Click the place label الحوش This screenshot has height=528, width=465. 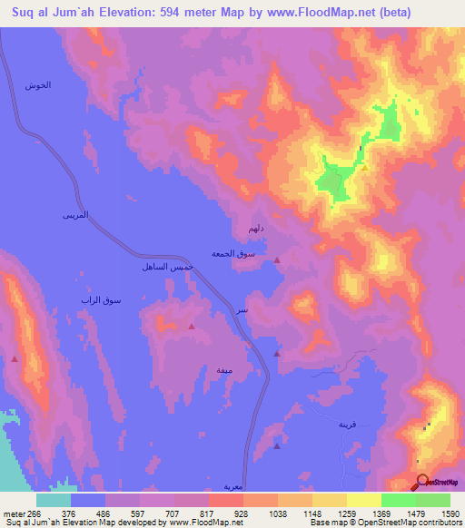(36, 84)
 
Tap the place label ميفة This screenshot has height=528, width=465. (223, 370)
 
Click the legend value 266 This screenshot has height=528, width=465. (35, 513)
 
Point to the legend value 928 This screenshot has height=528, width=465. (242, 513)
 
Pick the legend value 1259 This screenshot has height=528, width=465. (346, 513)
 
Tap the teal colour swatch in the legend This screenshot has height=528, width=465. (54, 500)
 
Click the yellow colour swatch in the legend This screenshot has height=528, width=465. (363, 500)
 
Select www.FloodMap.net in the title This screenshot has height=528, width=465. (307, 13)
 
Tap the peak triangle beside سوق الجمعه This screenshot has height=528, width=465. (278, 260)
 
